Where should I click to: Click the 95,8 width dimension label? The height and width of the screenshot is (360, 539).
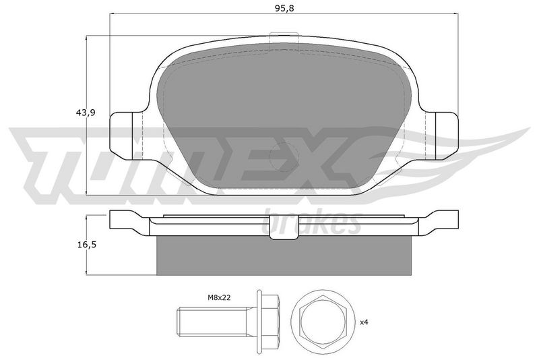(x=284, y=9)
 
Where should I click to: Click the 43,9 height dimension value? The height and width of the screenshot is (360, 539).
(x=85, y=113)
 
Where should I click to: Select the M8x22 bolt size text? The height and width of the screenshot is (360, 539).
(x=218, y=297)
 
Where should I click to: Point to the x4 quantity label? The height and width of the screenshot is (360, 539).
(x=364, y=322)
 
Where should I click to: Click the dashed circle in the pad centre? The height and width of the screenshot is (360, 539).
(x=284, y=157)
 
